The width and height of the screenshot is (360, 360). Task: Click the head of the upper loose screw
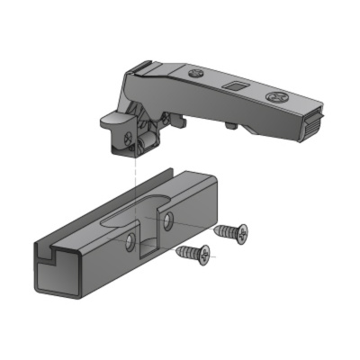click(240, 232)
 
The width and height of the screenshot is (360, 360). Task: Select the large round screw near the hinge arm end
click(275, 94)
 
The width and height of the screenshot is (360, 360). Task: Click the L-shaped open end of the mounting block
click(49, 262)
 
